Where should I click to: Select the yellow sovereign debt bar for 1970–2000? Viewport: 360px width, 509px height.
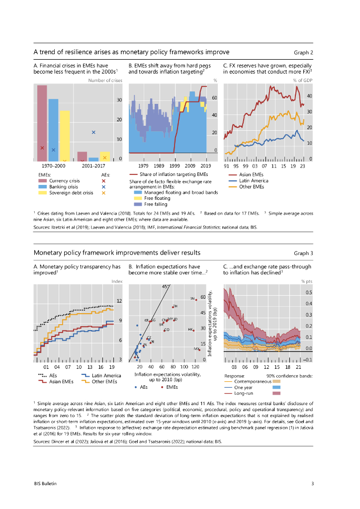pyautogui.click(x=65, y=136)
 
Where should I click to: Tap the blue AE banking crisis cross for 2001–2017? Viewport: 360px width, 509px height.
pyautogui.click(x=93, y=132)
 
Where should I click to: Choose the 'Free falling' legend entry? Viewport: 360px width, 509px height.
pyautogui.click(x=156, y=204)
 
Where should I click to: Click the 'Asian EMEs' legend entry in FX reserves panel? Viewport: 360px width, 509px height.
pyautogui.click(x=251, y=174)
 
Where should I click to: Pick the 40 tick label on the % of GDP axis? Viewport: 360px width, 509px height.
pyautogui.click(x=309, y=96)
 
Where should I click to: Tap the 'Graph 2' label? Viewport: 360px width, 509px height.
pyautogui.click(x=303, y=52)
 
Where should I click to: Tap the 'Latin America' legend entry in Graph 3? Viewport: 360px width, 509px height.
pyautogui.click(x=105, y=375)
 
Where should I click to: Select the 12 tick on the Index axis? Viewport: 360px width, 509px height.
pyautogui.click(x=119, y=301)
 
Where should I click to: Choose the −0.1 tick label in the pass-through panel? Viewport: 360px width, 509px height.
pyautogui.click(x=308, y=359)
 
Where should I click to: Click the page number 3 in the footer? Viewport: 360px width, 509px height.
pyautogui.click(x=312, y=483)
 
